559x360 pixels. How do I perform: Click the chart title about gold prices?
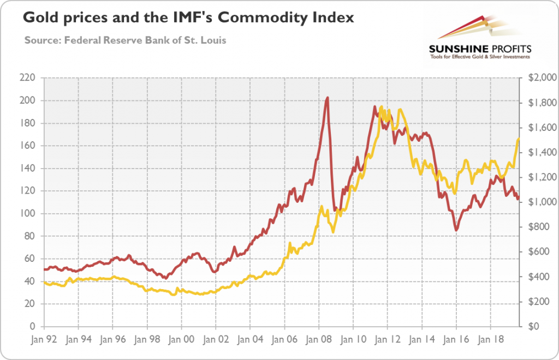(x=188, y=17)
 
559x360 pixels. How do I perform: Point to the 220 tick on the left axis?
(x=28, y=78)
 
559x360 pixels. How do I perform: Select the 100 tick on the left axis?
(x=28, y=214)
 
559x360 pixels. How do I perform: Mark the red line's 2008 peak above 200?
(x=326, y=98)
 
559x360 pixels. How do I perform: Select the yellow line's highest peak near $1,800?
(x=380, y=107)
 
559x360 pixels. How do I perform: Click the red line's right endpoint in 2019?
(x=518, y=199)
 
